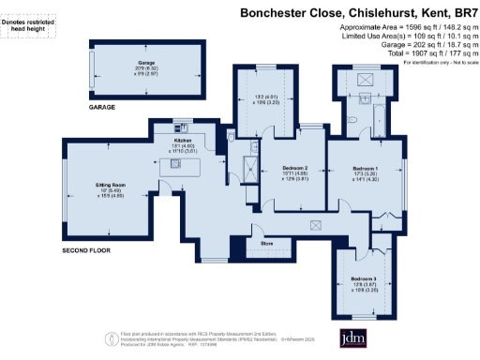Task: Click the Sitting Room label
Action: (111, 187)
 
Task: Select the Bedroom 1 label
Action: (364, 166)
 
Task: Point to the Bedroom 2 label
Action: (293, 167)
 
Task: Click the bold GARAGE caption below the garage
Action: (102, 108)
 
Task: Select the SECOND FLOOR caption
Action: (86, 252)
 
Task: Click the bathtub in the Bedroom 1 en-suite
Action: (380, 118)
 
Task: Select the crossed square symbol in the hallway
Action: (317, 223)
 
